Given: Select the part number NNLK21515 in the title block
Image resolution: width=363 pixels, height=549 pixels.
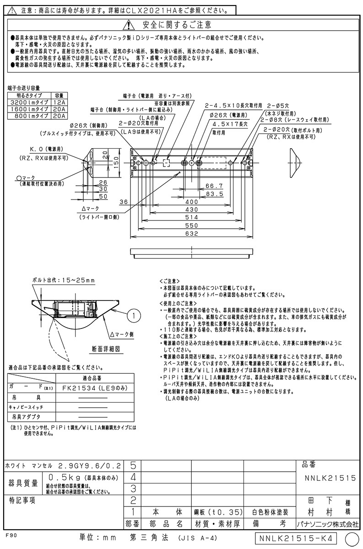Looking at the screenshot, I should click(x=330, y=478).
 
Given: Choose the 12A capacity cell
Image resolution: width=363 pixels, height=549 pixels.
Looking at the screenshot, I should click(x=59, y=103).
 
